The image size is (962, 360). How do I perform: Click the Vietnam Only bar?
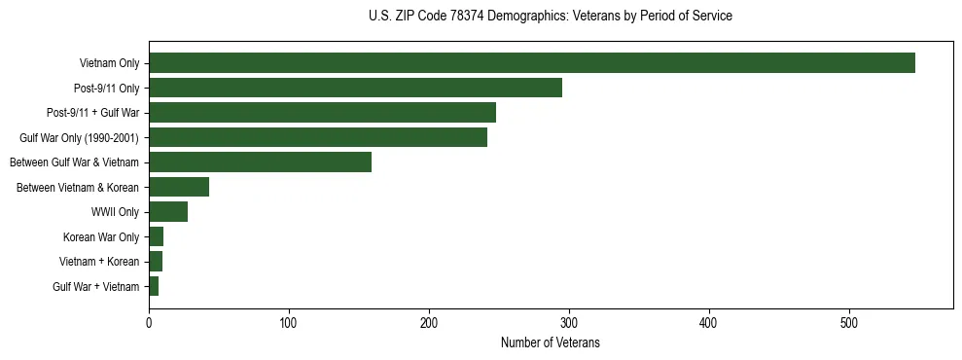(532, 63)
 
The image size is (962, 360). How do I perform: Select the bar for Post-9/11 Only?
(355, 88)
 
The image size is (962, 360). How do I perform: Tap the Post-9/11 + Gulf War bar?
(322, 113)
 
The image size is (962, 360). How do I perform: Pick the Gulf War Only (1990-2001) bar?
(318, 137)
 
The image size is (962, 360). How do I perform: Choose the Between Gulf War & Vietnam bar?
(260, 162)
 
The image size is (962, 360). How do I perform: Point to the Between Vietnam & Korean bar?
(179, 187)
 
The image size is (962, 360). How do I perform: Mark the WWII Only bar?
(168, 211)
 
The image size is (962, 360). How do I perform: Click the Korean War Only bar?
(157, 236)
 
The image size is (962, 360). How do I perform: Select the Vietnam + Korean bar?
(156, 261)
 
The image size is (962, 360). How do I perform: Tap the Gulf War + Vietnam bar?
(154, 286)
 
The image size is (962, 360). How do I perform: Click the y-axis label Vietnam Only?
(109, 64)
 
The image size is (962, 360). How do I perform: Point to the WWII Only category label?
(115, 212)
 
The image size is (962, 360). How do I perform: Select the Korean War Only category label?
(101, 237)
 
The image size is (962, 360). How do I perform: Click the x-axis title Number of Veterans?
(550, 343)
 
